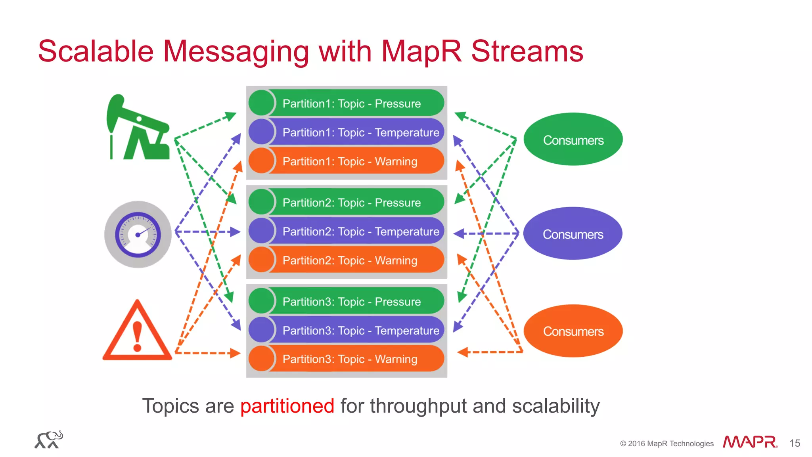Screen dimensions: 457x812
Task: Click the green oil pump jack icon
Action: pyautogui.click(x=139, y=129)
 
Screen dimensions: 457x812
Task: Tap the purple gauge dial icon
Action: pyautogui.click(x=138, y=234)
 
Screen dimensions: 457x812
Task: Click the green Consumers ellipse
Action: pyautogui.click(x=573, y=140)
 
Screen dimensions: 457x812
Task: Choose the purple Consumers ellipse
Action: pyautogui.click(x=573, y=234)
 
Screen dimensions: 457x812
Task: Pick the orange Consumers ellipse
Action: pyautogui.click(x=573, y=331)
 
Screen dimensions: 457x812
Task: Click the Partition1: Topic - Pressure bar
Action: pyautogui.click(x=351, y=103)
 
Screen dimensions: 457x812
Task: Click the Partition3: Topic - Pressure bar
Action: pyautogui.click(x=351, y=302)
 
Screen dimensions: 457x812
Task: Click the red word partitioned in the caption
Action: pyautogui.click(x=287, y=406)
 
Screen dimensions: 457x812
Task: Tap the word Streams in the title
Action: pyautogui.click(x=527, y=51)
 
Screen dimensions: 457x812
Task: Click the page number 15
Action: pyautogui.click(x=795, y=443)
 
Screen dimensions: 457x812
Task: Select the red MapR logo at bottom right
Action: pyautogui.click(x=749, y=442)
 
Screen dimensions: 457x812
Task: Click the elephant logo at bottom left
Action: pyautogui.click(x=49, y=440)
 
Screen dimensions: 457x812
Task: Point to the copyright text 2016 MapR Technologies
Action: pyautogui.click(x=667, y=444)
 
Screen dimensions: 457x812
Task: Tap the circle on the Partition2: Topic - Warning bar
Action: pyautogui.click(x=261, y=260)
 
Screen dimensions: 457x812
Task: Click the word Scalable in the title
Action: pyautogui.click(x=96, y=51)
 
